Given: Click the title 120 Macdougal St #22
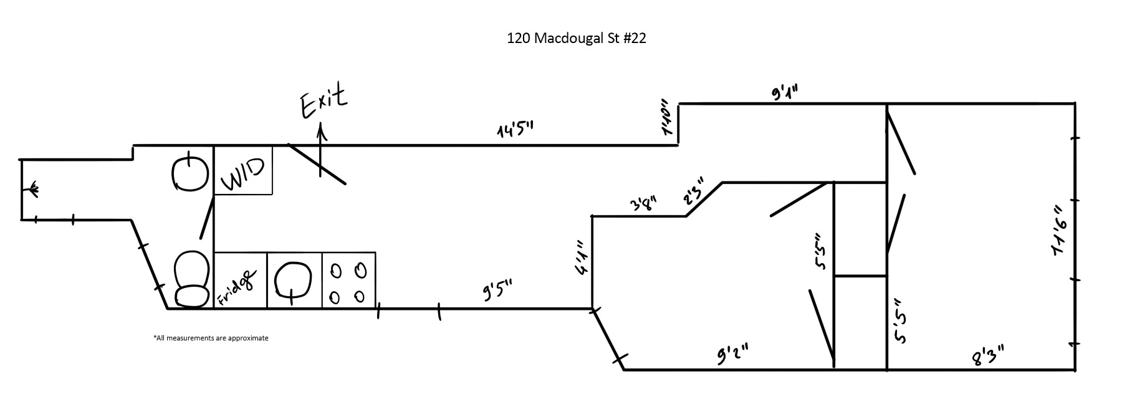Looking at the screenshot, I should coord(576,39).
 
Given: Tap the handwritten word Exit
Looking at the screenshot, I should coord(323,103).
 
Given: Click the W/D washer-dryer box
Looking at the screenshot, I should coord(243,170).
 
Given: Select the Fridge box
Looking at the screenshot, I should coord(241,281).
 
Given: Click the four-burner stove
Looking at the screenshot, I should coord(348,281).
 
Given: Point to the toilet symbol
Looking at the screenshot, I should coord(191,279).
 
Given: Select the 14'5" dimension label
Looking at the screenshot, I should coord(515,131).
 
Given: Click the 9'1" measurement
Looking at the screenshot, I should coord(784,92).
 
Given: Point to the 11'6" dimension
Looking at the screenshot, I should coord(1060,231).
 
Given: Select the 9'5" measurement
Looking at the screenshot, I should coord(497,291).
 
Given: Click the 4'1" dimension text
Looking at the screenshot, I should coord(580,258).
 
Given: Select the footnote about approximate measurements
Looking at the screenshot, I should coord(211,338).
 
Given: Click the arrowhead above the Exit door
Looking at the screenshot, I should coord(321,130).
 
